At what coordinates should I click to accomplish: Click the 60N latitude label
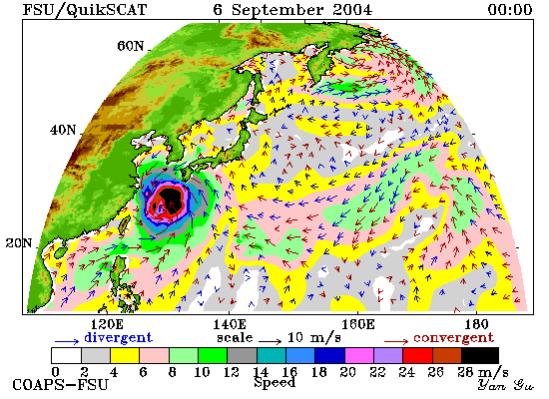(130, 46)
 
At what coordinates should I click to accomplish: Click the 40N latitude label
(63, 131)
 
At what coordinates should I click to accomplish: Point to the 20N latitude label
(19, 242)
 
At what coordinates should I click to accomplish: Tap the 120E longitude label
(107, 324)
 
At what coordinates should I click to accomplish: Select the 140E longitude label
(230, 324)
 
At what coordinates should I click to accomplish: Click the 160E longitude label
(357, 324)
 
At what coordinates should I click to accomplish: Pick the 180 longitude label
(477, 324)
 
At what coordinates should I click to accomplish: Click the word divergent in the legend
(119, 337)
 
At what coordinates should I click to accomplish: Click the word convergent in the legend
(454, 338)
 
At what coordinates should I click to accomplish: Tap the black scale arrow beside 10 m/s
(270, 340)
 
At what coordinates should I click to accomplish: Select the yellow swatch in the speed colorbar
(125, 355)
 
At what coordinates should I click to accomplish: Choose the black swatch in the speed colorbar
(480, 355)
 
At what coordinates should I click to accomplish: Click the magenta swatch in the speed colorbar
(359, 355)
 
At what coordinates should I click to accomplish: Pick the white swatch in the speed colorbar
(66, 355)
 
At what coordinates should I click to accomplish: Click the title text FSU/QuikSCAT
(85, 10)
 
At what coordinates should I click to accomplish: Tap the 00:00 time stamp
(510, 9)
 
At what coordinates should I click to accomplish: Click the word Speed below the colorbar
(274, 382)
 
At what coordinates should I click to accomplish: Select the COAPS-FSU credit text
(61, 385)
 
